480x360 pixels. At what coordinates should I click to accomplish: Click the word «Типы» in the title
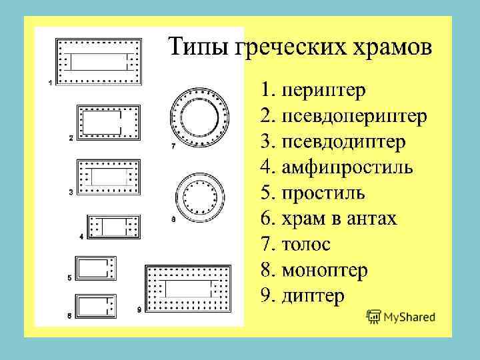(x=196, y=47)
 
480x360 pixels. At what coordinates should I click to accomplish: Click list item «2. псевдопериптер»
(x=344, y=117)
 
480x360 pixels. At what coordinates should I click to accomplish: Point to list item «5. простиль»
(x=313, y=193)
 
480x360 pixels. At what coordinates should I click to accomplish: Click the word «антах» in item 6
(x=373, y=219)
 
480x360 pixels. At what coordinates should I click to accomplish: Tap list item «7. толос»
(x=295, y=244)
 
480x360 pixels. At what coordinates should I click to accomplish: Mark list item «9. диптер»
(x=303, y=295)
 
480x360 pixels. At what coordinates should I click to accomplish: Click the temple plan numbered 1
(x=99, y=61)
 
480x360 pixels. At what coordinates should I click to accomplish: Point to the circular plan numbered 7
(x=199, y=118)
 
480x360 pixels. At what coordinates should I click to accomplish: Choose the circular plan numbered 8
(x=199, y=198)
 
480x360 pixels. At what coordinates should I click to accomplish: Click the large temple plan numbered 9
(x=187, y=289)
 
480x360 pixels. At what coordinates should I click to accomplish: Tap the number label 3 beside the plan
(x=71, y=193)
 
